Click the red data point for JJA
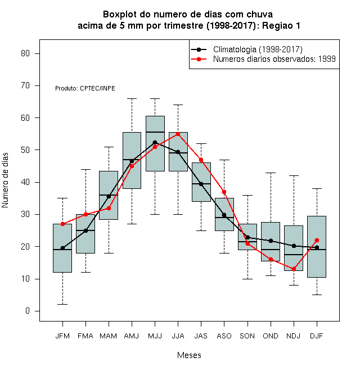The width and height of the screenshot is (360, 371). [x=178, y=134]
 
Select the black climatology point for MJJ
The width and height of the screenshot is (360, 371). [x=155, y=142]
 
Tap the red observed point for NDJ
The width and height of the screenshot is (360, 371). [x=294, y=269]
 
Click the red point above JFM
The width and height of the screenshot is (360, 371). [x=63, y=224]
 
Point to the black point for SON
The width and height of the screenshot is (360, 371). [x=247, y=237]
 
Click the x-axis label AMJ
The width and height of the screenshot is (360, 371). [x=132, y=336]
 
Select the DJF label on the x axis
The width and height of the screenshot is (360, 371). [x=317, y=336]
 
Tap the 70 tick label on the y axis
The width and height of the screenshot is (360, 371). [x=25, y=85]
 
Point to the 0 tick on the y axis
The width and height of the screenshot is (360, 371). [x=28, y=311]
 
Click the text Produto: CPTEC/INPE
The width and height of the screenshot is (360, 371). [x=85, y=88]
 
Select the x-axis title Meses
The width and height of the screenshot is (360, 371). [x=189, y=355]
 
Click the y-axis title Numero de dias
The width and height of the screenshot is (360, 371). [x=5, y=180]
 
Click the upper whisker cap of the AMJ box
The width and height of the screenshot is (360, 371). [x=132, y=98]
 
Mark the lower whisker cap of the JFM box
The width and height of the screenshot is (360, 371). [x=63, y=304]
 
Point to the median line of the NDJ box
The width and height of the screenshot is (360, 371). [x=294, y=255]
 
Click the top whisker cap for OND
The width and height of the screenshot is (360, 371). [x=271, y=173]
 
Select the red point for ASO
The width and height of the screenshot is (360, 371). [x=224, y=192]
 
